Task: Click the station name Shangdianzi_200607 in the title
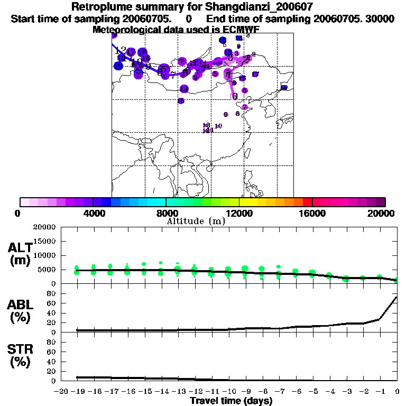264,7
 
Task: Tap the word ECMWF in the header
239,29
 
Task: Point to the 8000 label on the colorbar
166,213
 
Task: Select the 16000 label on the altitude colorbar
312,213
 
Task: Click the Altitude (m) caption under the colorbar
196,221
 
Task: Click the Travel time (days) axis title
231,401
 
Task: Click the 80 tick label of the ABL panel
52,293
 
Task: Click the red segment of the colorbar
307,202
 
